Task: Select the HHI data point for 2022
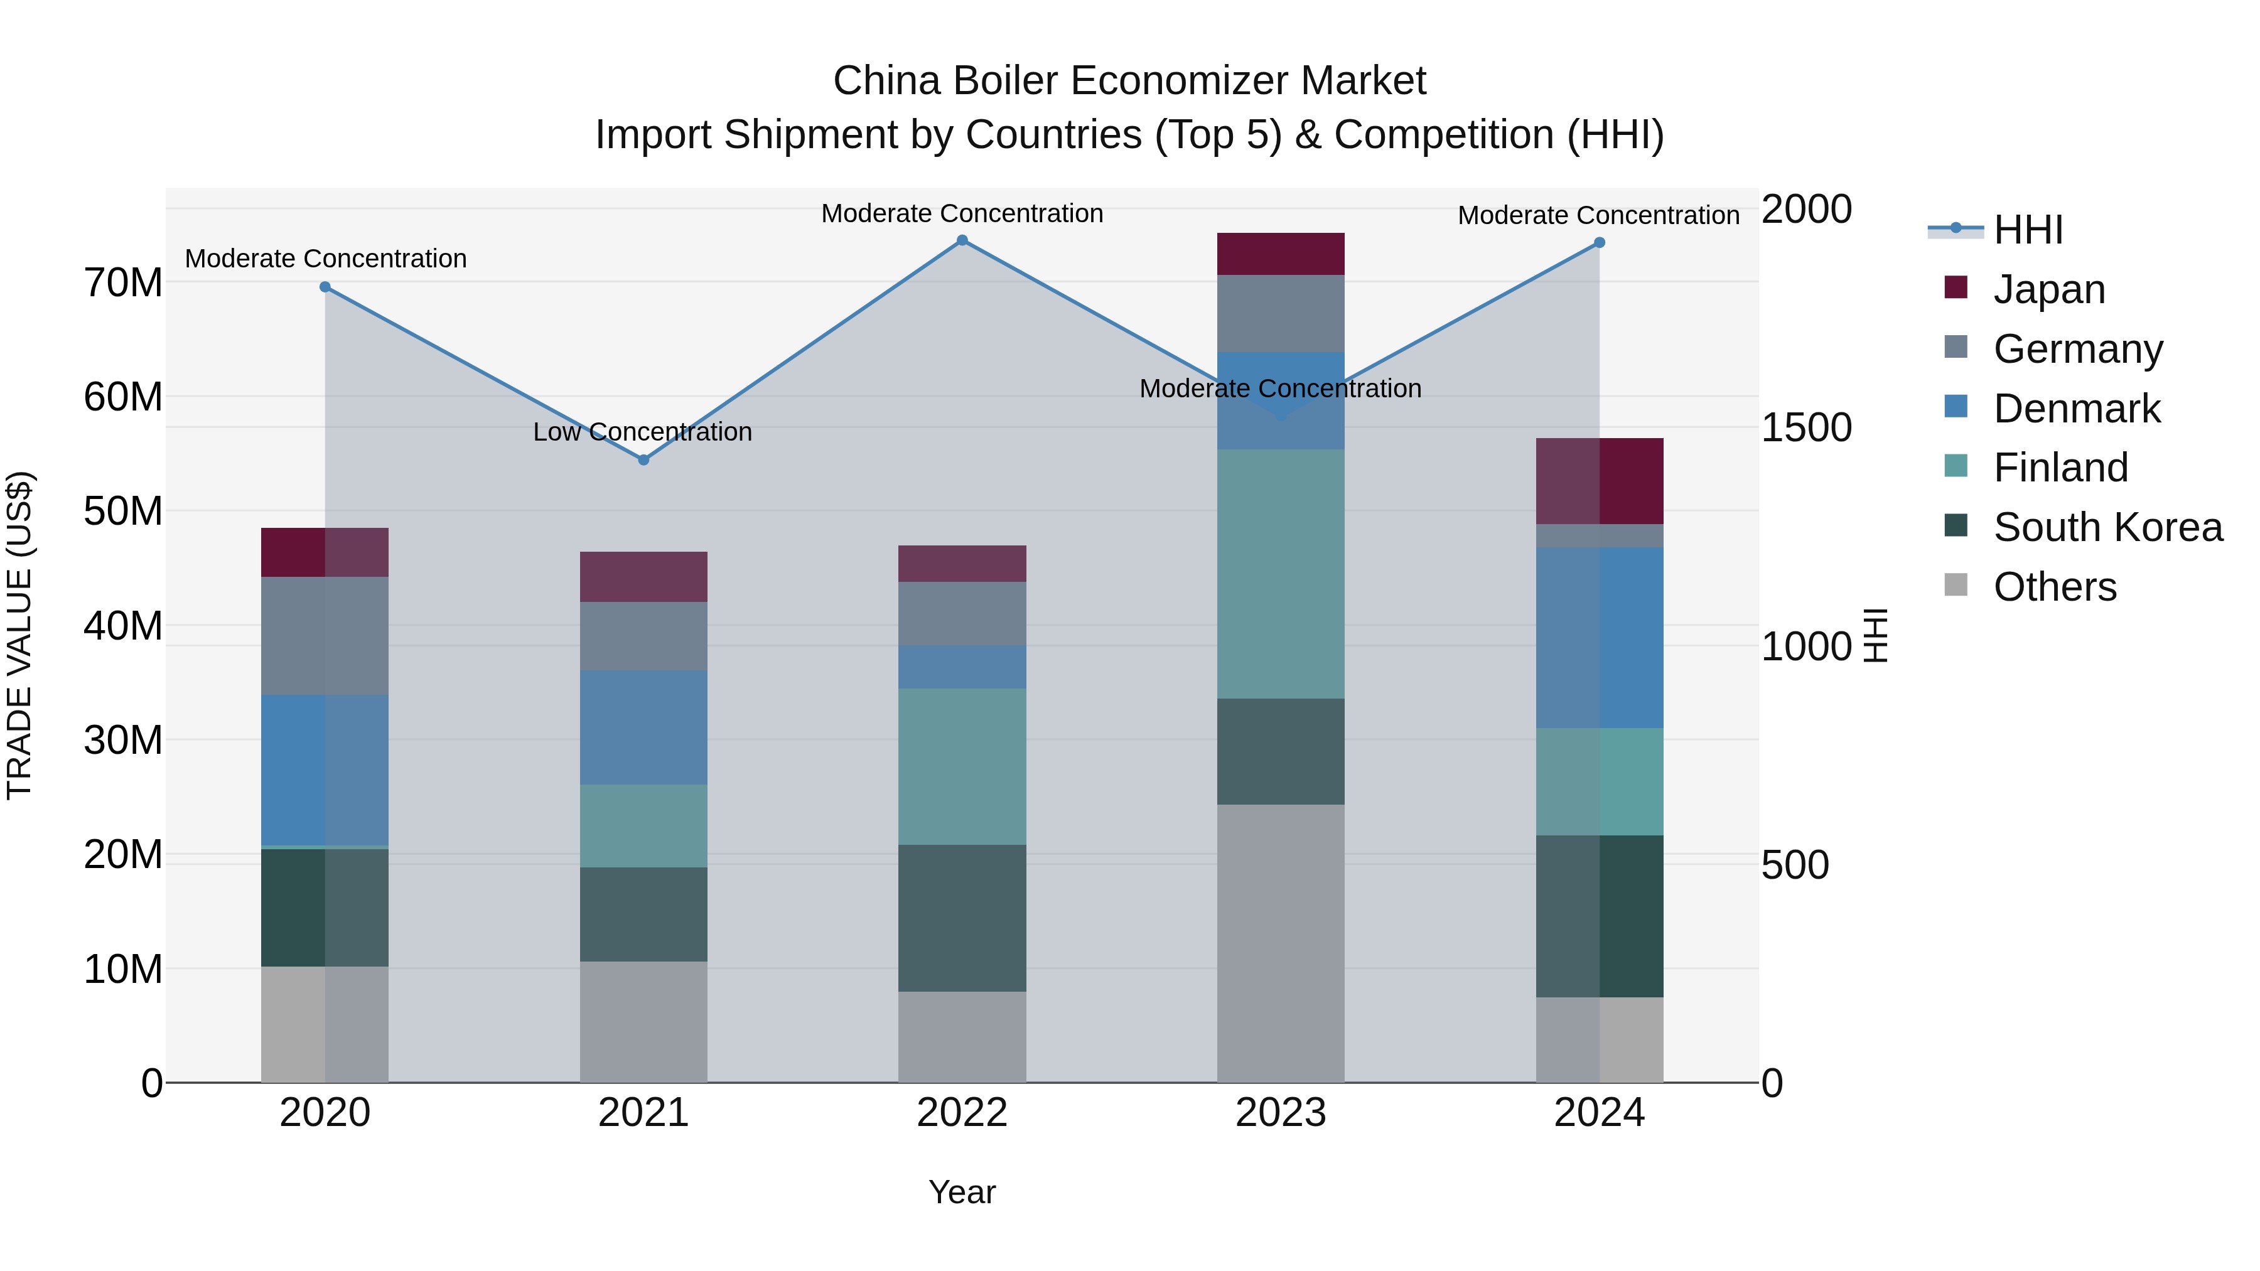(x=962, y=240)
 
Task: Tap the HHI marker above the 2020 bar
(x=325, y=287)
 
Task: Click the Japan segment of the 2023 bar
(x=1280, y=254)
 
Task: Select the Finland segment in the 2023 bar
(x=1280, y=574)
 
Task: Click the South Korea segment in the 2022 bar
(x=962, y=918)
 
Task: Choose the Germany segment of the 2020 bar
(x=325, y=635)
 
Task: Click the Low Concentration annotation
(x=642, y=432)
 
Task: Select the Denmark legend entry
(x=2076, y=409)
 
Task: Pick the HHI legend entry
(x=2026, y=230)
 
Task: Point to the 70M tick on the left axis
(x=123, y=283)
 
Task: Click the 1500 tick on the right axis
(x=1805, y=428)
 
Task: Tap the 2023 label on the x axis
(x=1280, y=1113)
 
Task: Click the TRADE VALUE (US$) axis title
(x=20, y=635)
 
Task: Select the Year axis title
(x=962, y=1192)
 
